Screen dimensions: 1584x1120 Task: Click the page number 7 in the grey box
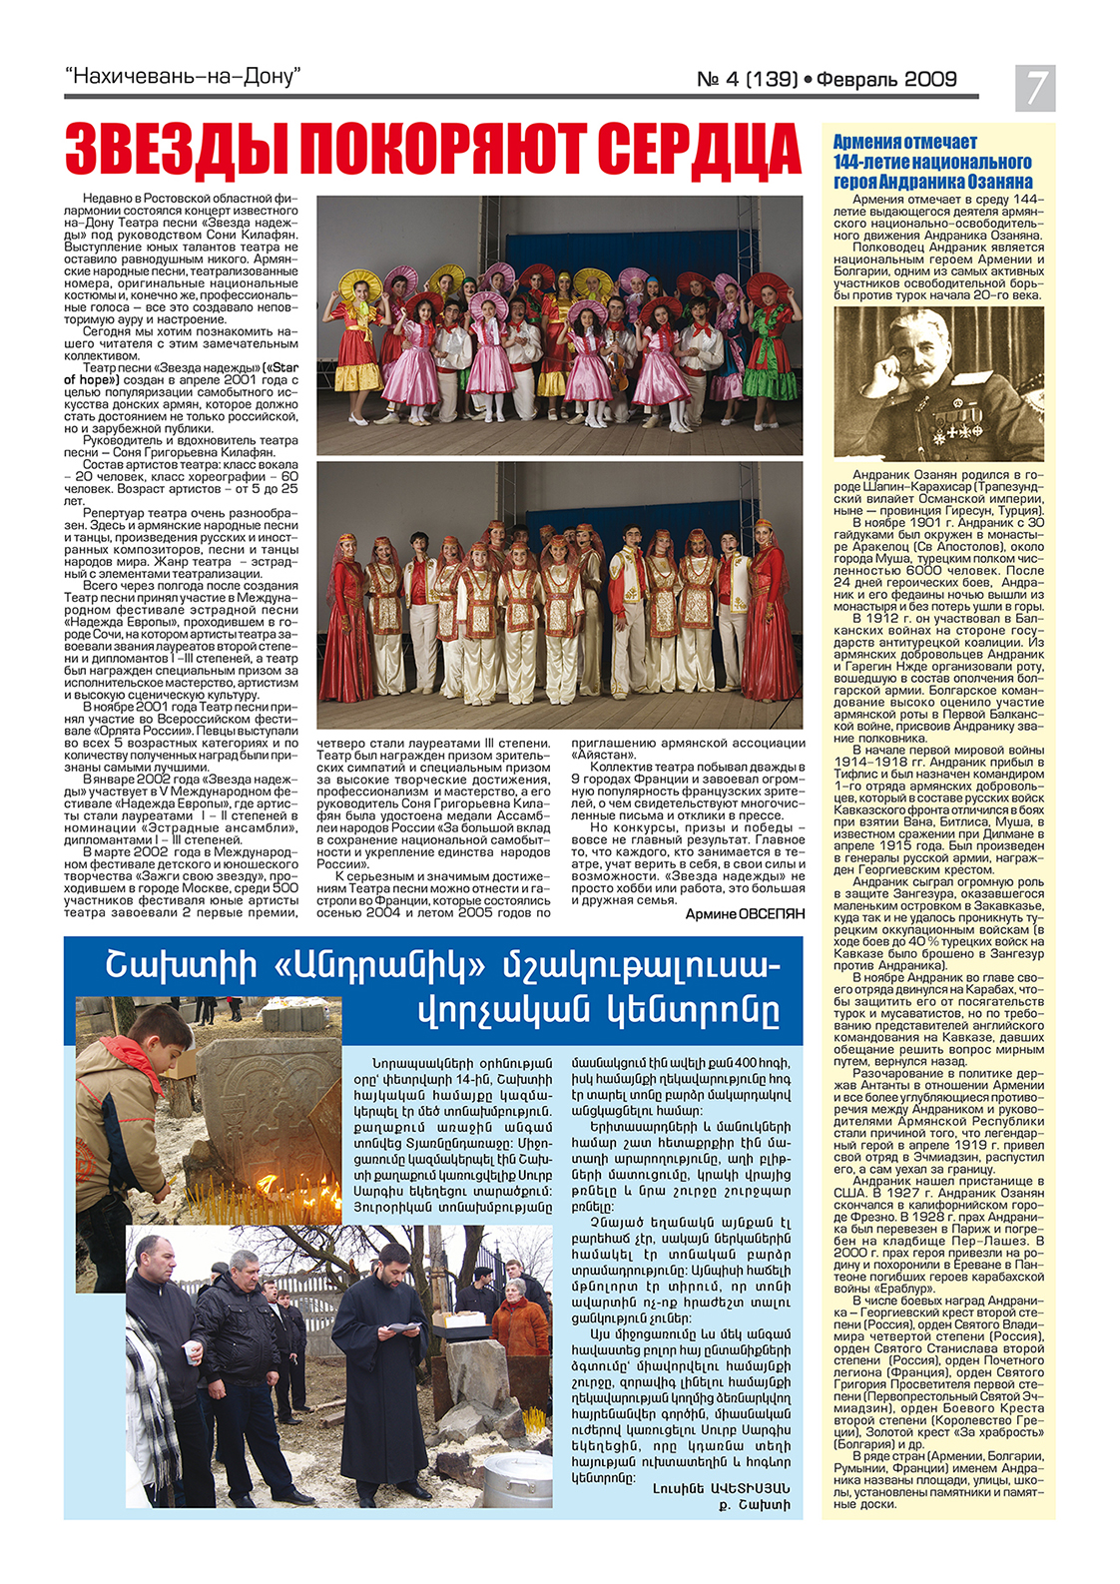[x=1035, y=87]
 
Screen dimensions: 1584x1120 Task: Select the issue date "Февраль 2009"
[x=886, y=80]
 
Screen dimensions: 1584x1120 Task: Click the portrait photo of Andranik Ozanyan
[x=938, y=384]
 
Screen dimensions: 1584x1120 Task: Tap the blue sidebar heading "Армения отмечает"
[x=904, y=143]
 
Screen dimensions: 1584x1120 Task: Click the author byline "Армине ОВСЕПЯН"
[x=744, y=914]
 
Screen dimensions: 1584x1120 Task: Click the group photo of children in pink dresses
[x=559, y=324]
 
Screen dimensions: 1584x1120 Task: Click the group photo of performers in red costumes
[x=559, y=594]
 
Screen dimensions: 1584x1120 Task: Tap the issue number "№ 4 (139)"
[x=747, y=80]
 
